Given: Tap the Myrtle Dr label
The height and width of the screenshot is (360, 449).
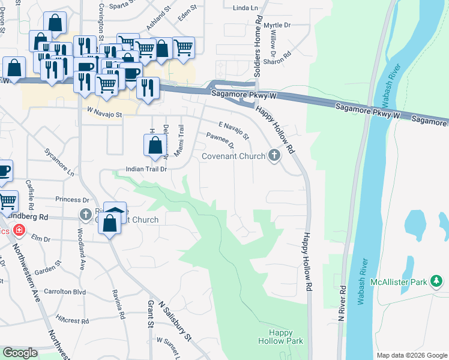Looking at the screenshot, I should click(x=277, y=25).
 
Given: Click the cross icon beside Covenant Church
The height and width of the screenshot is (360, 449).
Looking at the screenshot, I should click(x=274, y=156).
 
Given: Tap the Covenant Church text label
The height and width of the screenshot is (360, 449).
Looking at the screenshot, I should click(x=234, y=157).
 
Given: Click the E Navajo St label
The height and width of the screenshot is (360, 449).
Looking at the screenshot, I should click(x=234, y=129).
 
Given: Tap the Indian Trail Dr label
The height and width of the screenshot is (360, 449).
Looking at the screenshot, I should click(x=145, y=169).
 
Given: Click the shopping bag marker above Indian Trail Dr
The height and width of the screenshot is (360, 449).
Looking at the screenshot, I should click(x=155, y=145).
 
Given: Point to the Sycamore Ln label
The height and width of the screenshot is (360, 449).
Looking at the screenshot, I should click(x=59, y=161).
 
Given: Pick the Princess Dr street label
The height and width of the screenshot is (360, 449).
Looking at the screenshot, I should click(x=72, y=199).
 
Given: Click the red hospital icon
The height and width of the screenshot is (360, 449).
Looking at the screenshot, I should click(x=19, y=230).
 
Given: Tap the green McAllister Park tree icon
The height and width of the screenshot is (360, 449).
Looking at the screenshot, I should click(x=436, y=280).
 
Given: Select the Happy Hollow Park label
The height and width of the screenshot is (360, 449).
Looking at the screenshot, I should click(x=280, y=337).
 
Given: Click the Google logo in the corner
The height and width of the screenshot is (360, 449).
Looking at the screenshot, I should click(x=20, y=353).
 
